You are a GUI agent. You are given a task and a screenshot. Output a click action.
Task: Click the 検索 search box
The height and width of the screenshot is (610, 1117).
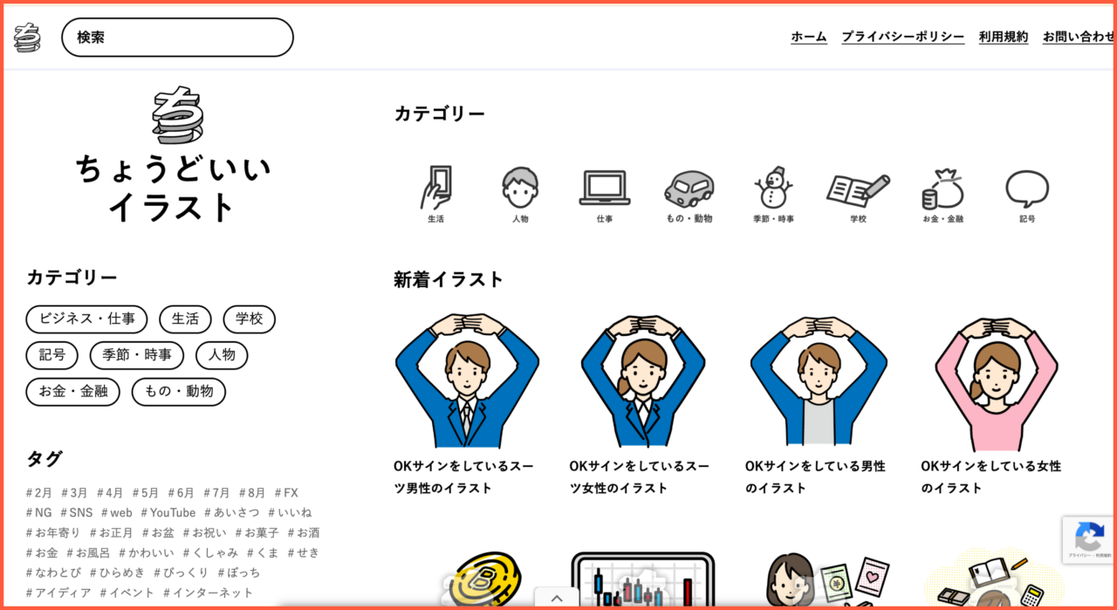pyautogui.click(x=177, y=38)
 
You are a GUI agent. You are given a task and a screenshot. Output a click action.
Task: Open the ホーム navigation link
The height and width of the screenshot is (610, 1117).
pyautogui.click(x=808, y=37)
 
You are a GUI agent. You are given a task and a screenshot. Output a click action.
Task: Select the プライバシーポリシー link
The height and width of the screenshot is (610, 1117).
pyautogui.click(x=902, y=37)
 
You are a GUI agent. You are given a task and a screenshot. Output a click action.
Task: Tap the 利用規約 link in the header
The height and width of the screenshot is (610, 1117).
pyautogui.click(x=1003, y=37)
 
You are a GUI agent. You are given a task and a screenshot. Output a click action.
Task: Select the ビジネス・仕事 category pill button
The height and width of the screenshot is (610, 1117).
pyautogui.click(x=86, y=319)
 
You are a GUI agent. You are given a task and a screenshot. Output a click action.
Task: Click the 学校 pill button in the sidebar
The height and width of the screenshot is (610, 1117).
pyautogui.click(x=249, y=319)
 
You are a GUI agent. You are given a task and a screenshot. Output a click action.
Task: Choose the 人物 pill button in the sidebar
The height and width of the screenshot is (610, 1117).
pyautogui.click(x=222, y=355)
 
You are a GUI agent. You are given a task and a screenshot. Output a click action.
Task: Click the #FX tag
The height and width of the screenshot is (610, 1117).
pyautogui.click(x=286, y=492)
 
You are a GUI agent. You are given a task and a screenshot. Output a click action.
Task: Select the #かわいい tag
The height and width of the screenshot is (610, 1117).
pyautogui.click(x=147, y=552)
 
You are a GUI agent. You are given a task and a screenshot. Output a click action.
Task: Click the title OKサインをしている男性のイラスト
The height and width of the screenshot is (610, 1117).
pyautogui.click(x=815, y=476)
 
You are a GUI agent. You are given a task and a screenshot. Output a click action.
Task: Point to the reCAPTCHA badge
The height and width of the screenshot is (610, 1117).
pyautogui.click(x=1089, y=539)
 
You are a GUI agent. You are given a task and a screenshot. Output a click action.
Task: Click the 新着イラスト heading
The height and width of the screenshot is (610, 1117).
pyautogui.click(x=449, y=279)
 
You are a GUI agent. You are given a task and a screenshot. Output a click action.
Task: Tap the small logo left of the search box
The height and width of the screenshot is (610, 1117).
pyautogui.click(x=27, y=38)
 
